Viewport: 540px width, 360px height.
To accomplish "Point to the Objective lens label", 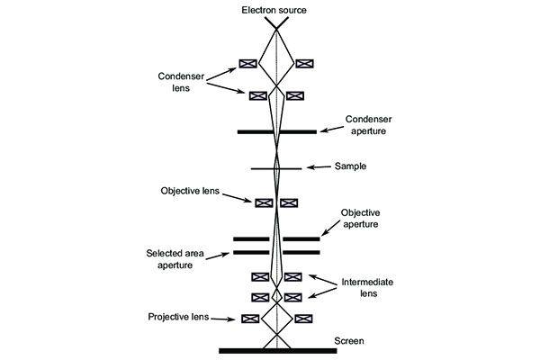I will [190, 191].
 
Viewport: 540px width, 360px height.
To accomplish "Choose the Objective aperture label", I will [361, 218].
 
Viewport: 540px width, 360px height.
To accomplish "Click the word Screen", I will [348, 341].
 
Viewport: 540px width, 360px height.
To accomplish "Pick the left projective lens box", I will [251, 319].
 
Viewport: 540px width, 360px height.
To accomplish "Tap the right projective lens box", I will [303, 319].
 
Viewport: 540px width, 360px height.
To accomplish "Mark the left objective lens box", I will [264, 202].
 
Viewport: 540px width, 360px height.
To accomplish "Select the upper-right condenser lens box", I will [304, 64].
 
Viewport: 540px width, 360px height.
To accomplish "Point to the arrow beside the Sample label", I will [319, 167].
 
